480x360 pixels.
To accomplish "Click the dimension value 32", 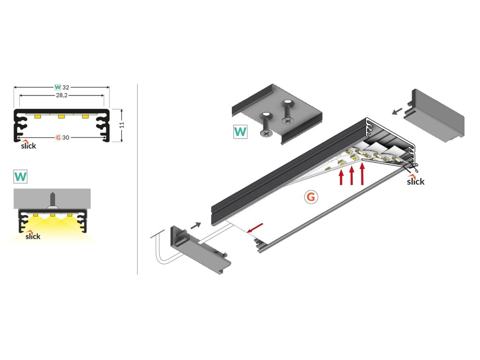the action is (66, 87).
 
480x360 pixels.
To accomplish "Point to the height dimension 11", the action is (122, 125).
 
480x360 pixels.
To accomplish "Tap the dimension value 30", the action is (66, 137).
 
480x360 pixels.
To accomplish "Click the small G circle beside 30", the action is (58, 137).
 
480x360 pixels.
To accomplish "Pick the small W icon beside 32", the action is (58, 87).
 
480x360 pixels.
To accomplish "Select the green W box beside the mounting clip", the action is (240, 132).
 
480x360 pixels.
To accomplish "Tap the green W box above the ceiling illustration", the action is (21, 177).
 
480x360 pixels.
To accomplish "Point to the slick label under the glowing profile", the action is (33, 236).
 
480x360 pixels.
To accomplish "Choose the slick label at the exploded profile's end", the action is (415, 181).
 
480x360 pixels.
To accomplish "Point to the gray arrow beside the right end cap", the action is (397, 112).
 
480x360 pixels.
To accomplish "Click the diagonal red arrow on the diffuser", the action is (255, 228).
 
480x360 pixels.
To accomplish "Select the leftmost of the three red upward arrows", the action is (341, 178).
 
